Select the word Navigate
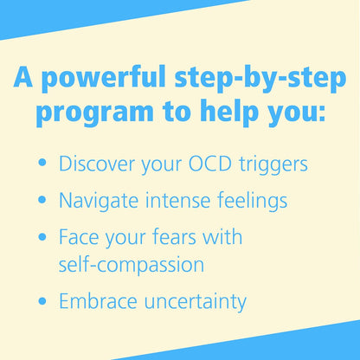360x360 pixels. [x=96, y=201]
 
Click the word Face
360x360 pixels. [x=75, y=237]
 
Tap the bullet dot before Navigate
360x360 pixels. [x=42, y=202]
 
